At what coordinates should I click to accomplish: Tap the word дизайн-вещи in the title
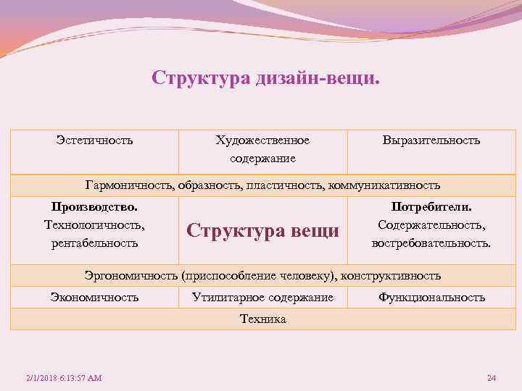pyautogui.click(x=316, y=77)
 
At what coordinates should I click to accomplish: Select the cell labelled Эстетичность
pyautogui.click(x=94, y=140)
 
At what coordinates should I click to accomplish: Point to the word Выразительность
pyautogui.click(x=431, y=140)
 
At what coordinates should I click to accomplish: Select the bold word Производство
pyautogui.click(x=94, y=208)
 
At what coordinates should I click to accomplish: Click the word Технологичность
pyautogui.click(x=94, y=225)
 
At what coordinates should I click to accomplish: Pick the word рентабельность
pyautogui.click(x=94, y=243)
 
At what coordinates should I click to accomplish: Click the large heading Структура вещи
pyautogui.click(x=262, y=231)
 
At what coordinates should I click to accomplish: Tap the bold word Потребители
pyautogui.click(x=431, y=208)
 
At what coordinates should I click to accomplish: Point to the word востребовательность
pyautogui.click(x=431, y=243)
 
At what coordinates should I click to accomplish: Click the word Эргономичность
pyautogui.click(x=131, y=276)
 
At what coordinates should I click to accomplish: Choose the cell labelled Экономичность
pyautogui.click(x=94, y=298)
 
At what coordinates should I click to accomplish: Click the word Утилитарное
pyautogui.click(x=228, y=298)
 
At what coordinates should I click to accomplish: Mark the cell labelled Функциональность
pyautogui.click(x=431, y=298)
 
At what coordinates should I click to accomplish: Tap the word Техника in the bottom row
pyautogui.click(x=262, y=319)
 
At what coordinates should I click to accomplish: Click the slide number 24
pyautogui.click(x=492, y=379)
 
